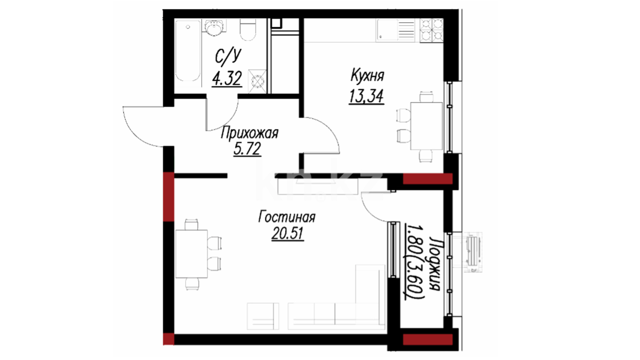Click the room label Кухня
click(x=367, y=75)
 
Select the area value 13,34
click(x=366, y=96)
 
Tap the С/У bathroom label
click(x=228, y=57)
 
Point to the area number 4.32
click(x=227, y=79)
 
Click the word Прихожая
click(x=249, y=133)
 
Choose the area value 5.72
click(x=247, y=149)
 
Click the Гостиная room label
click(x=287, y=217)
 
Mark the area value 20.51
click(x=288, y=233)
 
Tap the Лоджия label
click(x=434, y=264)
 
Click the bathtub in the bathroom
click(x=188, y=51)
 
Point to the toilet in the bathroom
click(x=248, y=29)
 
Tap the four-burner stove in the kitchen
click(x=431, y=30)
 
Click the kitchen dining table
click(x=426, y=126)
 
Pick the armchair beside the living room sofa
click(x=263, y=316)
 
